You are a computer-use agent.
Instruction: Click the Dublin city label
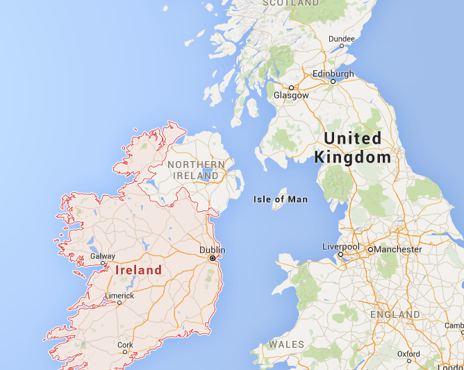[x=212, y=250]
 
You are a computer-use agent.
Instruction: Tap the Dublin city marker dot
[x=213, y=258]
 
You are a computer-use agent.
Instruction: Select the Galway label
[x=103, y=256]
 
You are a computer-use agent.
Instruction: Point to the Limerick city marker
[x=119, y=303]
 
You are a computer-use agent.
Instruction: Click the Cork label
[x=125, y=344]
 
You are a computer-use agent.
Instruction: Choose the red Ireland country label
[x=138, y=270]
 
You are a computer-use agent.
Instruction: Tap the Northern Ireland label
[x=196, y=170]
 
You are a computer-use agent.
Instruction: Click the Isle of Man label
[x=281, y=199]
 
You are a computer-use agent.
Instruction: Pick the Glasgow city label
[x=291, y=95]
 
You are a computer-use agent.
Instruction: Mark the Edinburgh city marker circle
[x=333, y=81]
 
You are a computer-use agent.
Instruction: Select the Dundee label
[x=341, y=38]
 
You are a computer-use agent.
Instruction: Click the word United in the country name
[x=353, y=138]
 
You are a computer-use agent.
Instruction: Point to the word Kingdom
[x=353, y=158]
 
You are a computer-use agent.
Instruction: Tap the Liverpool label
[x=340, y=246]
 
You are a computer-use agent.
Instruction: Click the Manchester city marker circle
[x=371, y=249]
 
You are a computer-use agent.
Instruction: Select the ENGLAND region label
[x=395, y=314]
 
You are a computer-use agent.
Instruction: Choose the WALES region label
[x=286, y=344]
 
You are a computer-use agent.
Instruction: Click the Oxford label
[x=408, y=353]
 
